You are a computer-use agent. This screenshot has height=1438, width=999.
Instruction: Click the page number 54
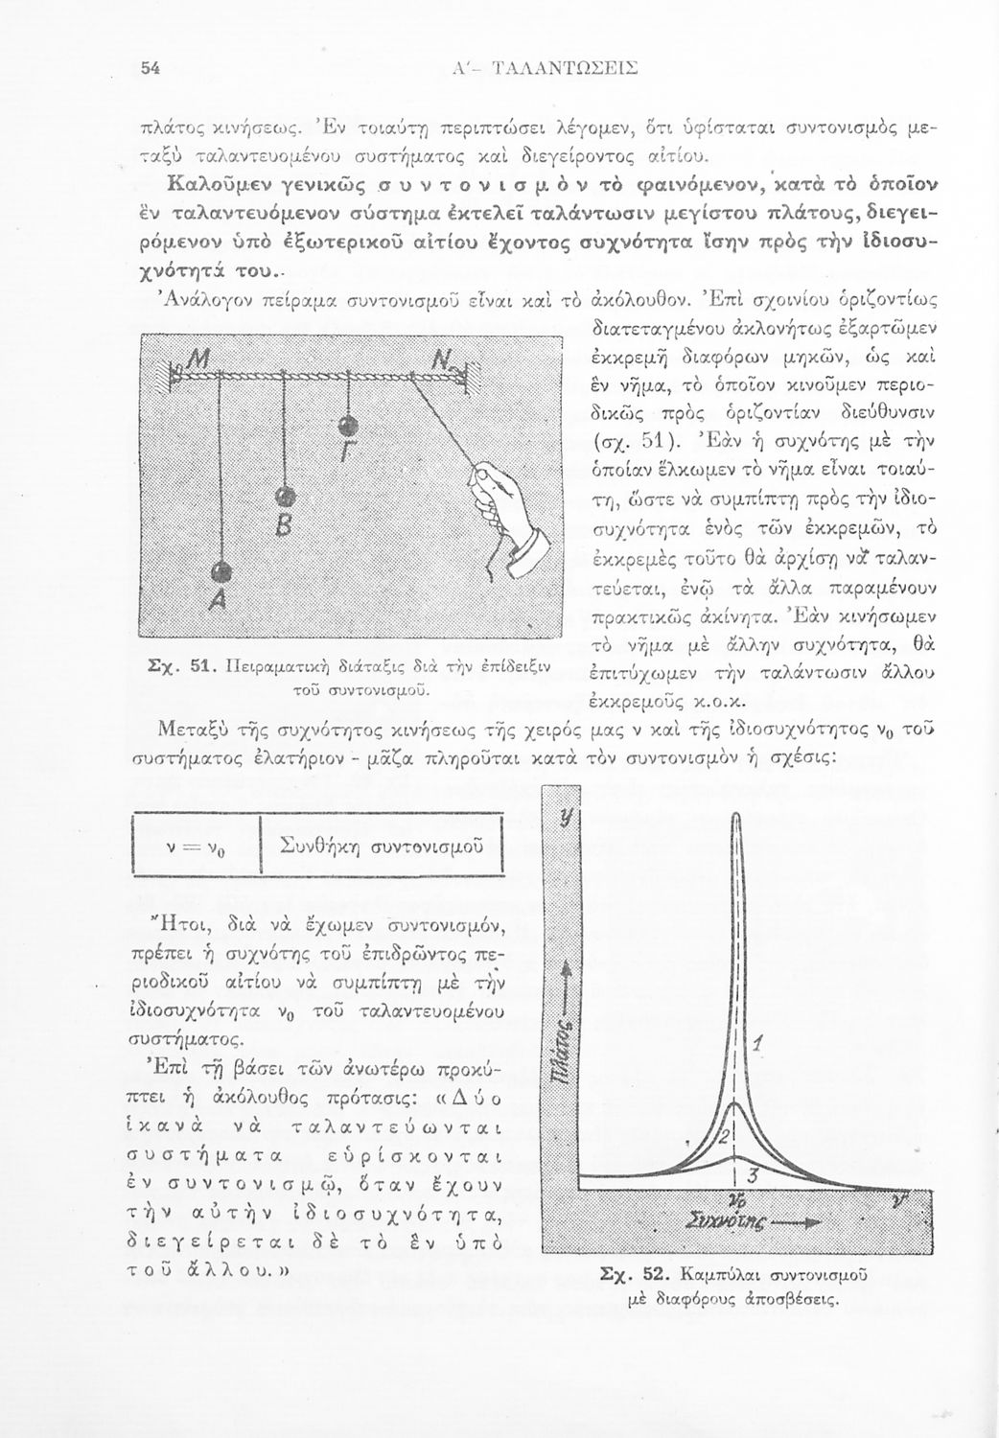pyautogui.click(x=151, y=68)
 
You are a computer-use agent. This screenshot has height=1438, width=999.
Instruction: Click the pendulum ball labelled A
pyautogui.click(x=221, y=571)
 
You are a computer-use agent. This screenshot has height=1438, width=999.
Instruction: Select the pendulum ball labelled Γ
pyautogui.click(x=349, y=426)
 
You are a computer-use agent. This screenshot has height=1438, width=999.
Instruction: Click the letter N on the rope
pyautogui.click(x=444, y=362)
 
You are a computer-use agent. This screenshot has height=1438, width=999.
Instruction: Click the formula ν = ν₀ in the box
pyautogui.click(x=197, y=846)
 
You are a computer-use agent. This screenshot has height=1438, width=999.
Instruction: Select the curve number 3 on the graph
pyautogui.click(x=754, y=1175)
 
